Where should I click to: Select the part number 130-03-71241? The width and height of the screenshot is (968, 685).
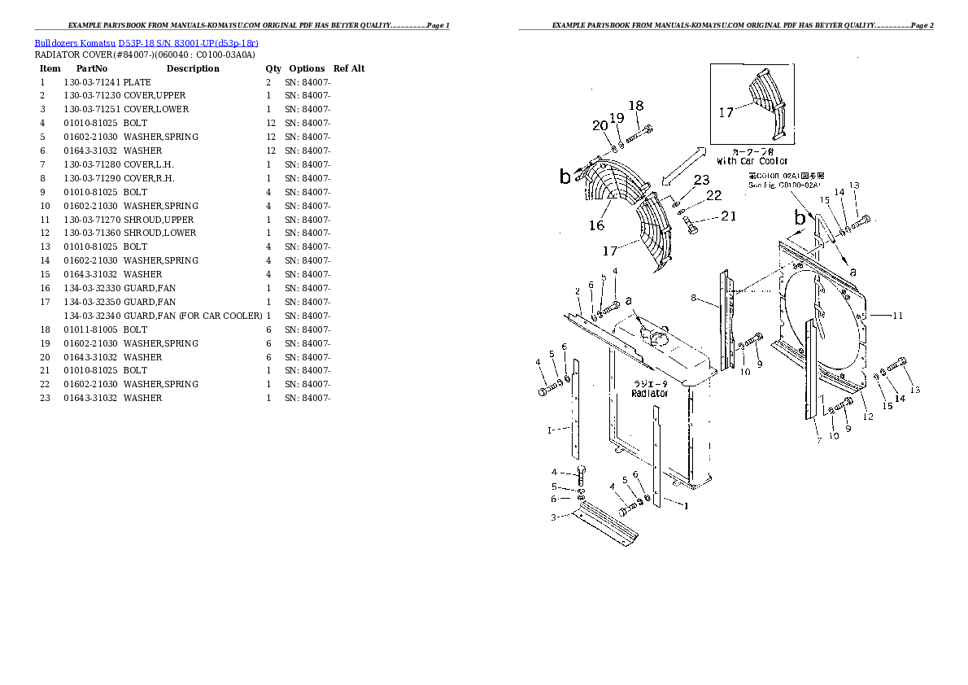tap(92, 82)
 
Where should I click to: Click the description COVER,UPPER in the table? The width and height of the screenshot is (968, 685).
tap(155, 96)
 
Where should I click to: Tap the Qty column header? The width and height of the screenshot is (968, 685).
tap(273, 68)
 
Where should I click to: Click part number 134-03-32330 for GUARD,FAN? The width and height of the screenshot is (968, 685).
tap(92, 288)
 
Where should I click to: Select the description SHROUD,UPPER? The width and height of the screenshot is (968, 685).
tap(159, 220)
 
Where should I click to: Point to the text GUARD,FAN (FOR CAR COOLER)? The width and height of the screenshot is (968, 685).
tap(193, 316)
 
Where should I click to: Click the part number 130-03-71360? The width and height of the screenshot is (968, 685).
tap(92, 233)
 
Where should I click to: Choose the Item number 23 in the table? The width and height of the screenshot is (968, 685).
tap(44, 398)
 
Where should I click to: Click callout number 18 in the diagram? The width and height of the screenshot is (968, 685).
tap(636, 106)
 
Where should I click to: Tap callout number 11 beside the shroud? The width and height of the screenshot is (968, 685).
tap(898, 316)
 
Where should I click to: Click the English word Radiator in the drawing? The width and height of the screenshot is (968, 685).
tap(649, 394)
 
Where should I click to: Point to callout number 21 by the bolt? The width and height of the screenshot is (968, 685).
tap(729, 216)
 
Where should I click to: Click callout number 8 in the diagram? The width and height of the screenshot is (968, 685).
tap(693, 299)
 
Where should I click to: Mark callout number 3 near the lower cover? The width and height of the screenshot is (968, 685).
tap(553, 517)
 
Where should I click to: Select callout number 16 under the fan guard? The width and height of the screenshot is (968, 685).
tap(597, 225)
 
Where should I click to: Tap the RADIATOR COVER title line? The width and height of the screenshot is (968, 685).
tap(145, 55)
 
